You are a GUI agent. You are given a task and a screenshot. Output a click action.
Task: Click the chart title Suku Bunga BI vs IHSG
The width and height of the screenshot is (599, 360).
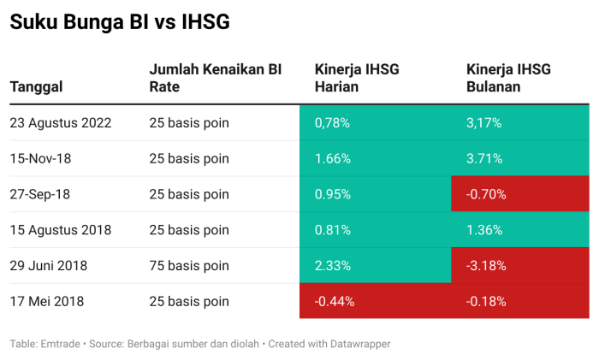[120, 23]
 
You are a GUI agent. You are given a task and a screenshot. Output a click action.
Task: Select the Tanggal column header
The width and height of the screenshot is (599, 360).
[36, 86]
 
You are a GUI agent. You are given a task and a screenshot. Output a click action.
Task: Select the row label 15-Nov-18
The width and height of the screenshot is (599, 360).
[41, 158]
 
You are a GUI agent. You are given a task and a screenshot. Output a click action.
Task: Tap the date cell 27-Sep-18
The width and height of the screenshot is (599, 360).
[40, 194]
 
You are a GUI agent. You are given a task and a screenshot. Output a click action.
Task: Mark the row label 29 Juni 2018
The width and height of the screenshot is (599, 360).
[50, 266]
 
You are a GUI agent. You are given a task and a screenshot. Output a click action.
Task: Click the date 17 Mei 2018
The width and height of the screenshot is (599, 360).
[47, 301]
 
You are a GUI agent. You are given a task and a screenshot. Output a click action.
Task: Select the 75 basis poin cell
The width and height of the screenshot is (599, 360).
[189, 266]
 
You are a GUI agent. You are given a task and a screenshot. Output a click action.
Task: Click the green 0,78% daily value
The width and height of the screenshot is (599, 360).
[333, 122]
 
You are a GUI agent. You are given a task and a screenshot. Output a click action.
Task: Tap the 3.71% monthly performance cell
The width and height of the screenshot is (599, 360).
[484, 158]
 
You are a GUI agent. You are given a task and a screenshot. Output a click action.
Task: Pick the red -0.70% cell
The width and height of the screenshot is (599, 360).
[486, 194]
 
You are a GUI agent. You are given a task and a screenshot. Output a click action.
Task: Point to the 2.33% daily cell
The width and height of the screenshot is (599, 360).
[333, 266]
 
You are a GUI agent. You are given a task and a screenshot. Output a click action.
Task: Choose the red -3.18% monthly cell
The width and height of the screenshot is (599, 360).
[486, 266]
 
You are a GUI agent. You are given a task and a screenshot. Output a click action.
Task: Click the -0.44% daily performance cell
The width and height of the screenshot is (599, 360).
[335, 301]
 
